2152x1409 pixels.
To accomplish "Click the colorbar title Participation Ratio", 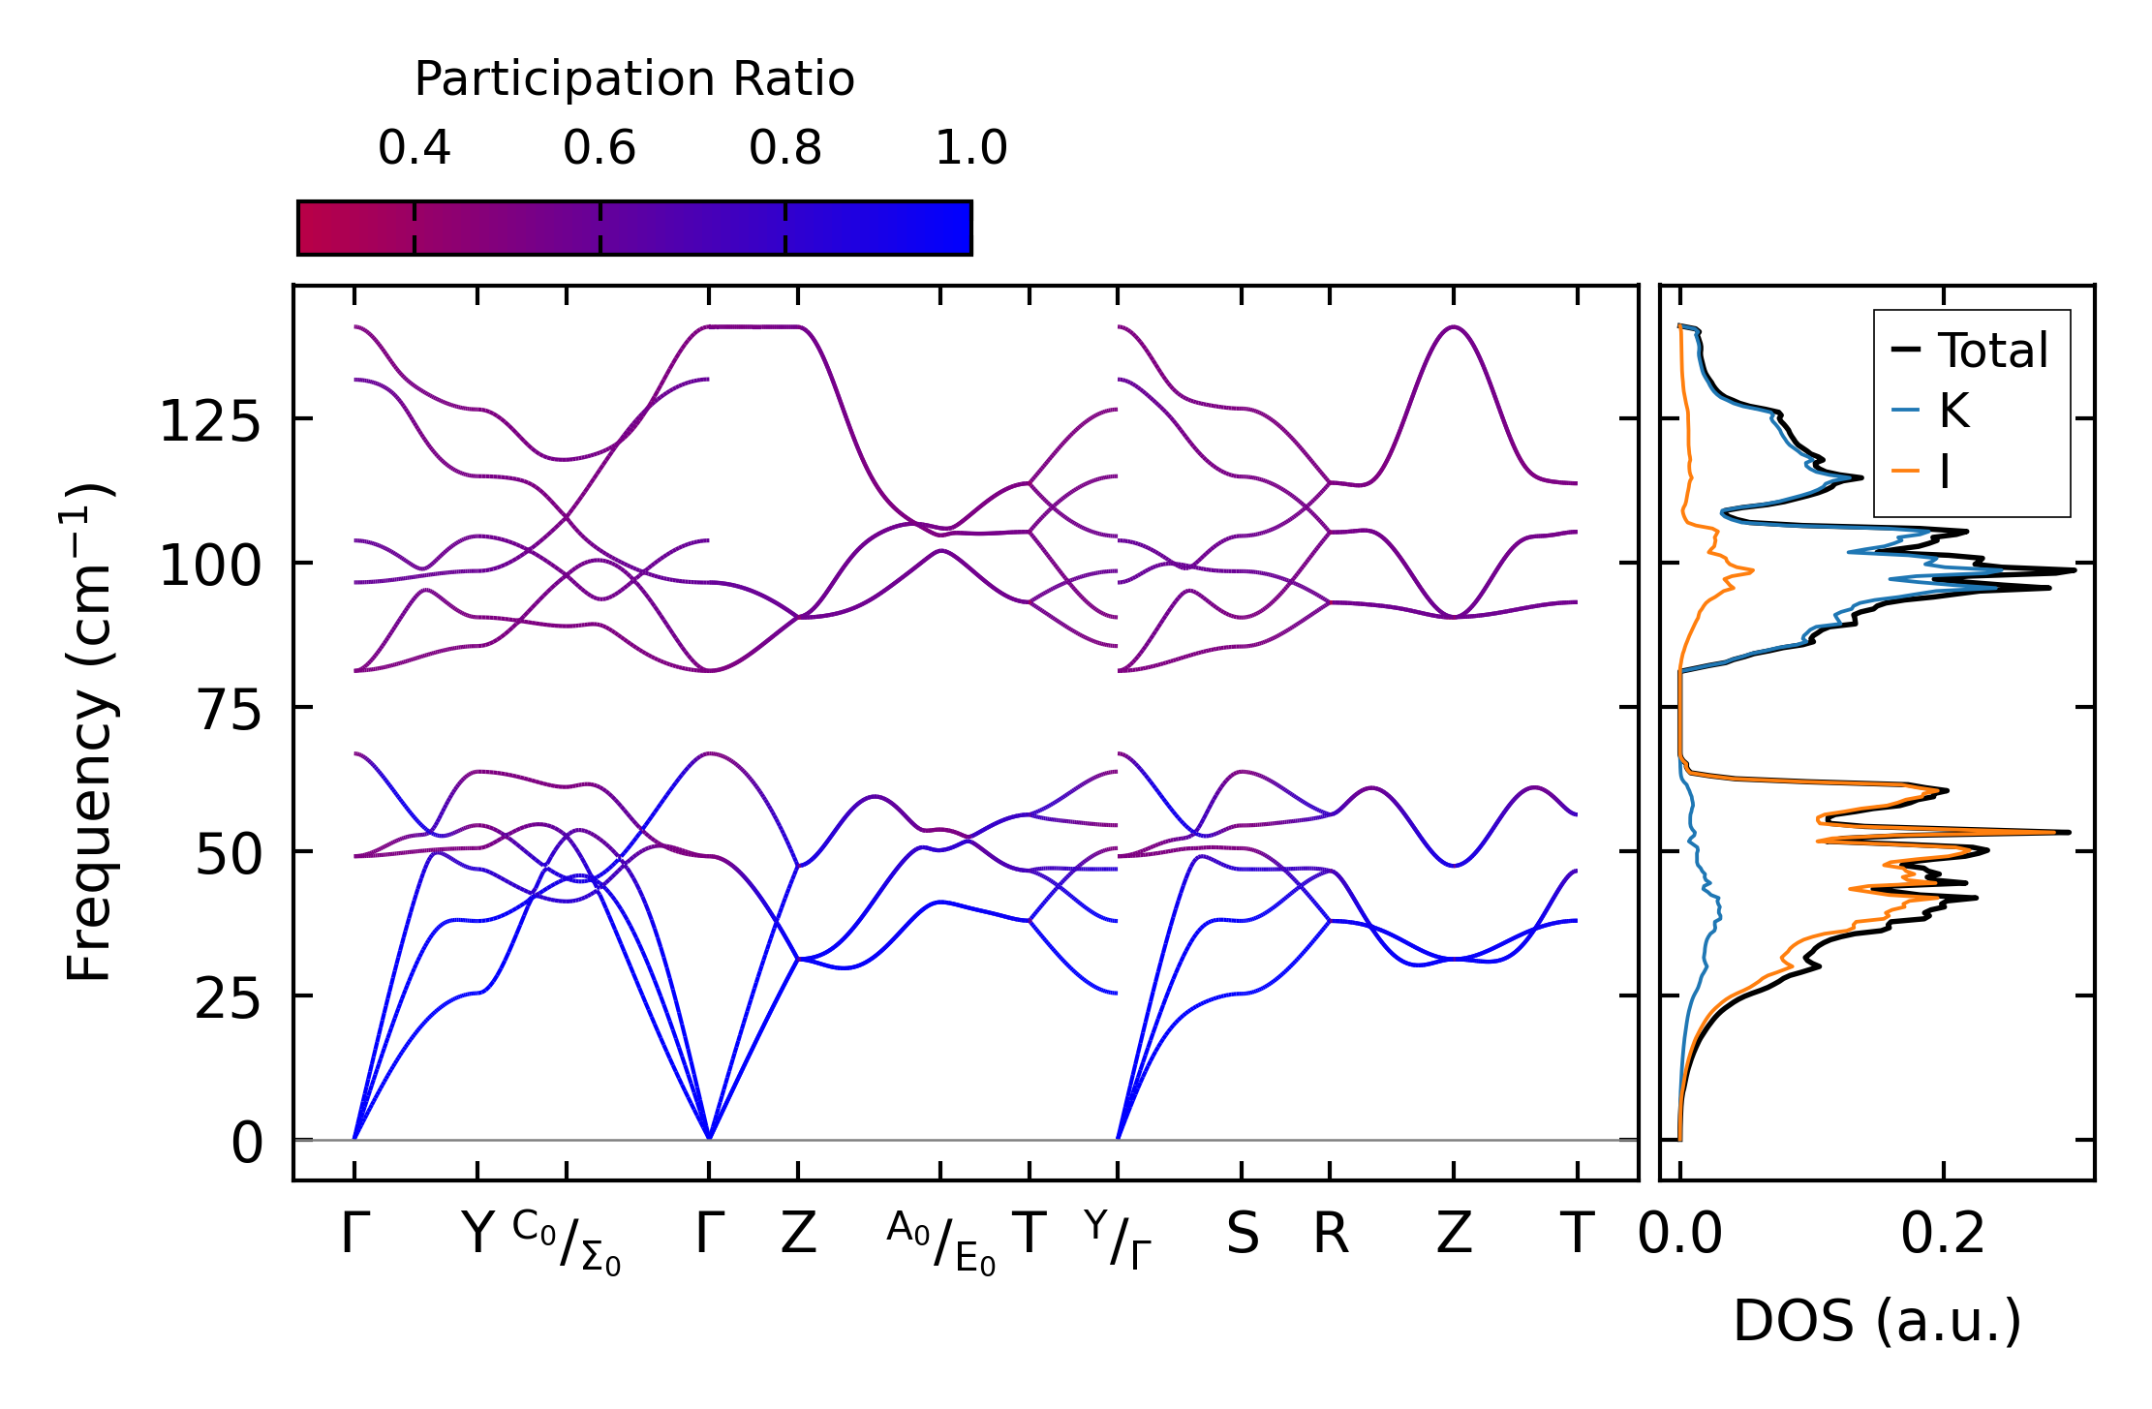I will [x=634, y=79].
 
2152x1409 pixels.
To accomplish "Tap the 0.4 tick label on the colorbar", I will [x=415, y=148].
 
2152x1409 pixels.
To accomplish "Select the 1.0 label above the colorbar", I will [x=970, y=148].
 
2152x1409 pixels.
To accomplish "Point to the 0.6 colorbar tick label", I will [x=599, y=148].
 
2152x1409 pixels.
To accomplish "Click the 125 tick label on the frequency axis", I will [x=210, y=422].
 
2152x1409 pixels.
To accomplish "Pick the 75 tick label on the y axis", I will [x=229, y=712].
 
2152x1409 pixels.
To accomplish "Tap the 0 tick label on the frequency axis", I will [x=247, y=1144].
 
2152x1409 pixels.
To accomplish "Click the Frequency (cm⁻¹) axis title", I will [x=90, y=732].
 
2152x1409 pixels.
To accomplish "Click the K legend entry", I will [x=1953, y=411].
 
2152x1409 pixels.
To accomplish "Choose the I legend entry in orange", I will [x=1944, y=473].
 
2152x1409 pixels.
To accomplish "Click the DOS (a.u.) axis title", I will [x=1877, y=1321].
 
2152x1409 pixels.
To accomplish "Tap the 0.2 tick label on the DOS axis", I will [x=1942, y=1235].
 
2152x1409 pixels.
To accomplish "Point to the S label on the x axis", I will [x=1243, y=1235].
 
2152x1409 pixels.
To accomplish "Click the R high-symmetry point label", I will [x=1331, y=1235].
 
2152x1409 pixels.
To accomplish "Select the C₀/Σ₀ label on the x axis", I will [x=567, y=1242].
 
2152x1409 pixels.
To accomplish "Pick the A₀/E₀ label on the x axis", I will [x=940, y=1242].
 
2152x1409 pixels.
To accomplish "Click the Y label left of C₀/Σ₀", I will [x=477, y=1235].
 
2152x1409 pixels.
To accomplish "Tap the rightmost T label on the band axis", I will [x=1577, y=1235].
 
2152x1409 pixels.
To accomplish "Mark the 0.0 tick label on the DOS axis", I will [x=1680, y=1235].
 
